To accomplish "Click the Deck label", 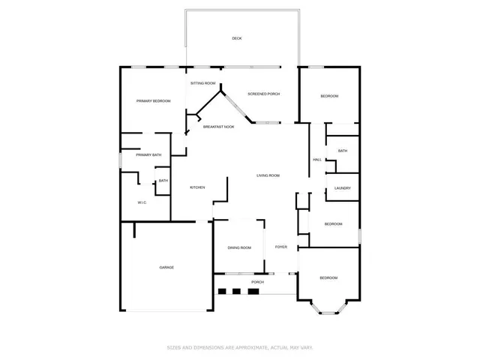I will [237, 38].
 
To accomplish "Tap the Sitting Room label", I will [202, 82].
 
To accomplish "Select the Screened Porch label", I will [263, 94].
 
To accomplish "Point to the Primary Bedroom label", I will [153, 101].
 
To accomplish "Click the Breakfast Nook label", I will [218, 127].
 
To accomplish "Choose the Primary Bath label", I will [148, 155].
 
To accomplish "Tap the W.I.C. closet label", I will [142, 203].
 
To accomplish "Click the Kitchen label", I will [197, 187].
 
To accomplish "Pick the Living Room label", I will [268, 175].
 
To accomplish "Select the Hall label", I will [317, 160].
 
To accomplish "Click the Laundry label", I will [342, 188].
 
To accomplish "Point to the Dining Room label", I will [239, 247].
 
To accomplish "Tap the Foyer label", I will [281, 247].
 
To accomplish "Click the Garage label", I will [166, 267].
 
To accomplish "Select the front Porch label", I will [247, 282].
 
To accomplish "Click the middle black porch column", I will [236, 292].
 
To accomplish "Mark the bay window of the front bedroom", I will [328, 305].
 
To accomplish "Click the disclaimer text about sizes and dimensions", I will [240, 347].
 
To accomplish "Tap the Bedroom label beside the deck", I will [329, 96].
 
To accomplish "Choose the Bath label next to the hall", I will [342, 151].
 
